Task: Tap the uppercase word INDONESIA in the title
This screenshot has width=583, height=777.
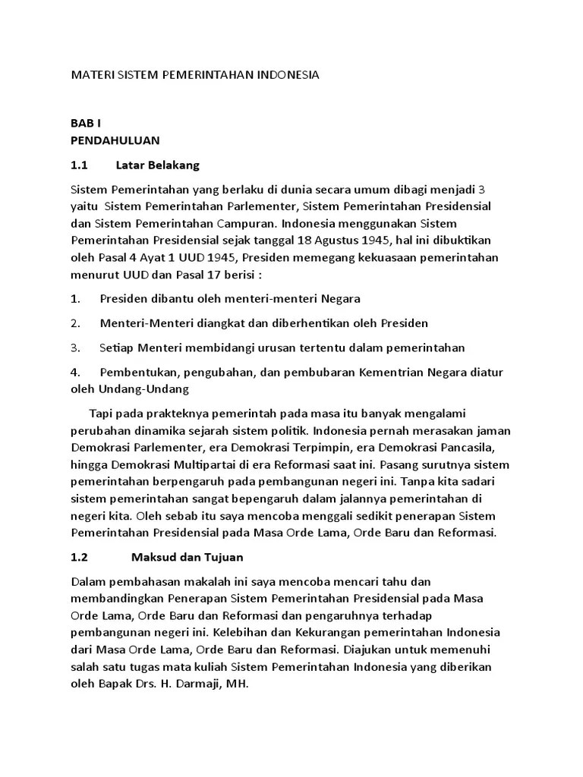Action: coord(288,76)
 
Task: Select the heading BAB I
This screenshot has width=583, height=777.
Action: coord(85,124)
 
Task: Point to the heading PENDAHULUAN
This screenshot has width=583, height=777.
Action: coord(115,140)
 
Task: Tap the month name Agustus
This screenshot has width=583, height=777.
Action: coord(360,240)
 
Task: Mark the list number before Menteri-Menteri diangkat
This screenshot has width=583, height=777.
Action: coord(75,323)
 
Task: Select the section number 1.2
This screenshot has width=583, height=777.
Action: coord(80,557)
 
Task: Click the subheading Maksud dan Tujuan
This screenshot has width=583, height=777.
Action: coord(187,557)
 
